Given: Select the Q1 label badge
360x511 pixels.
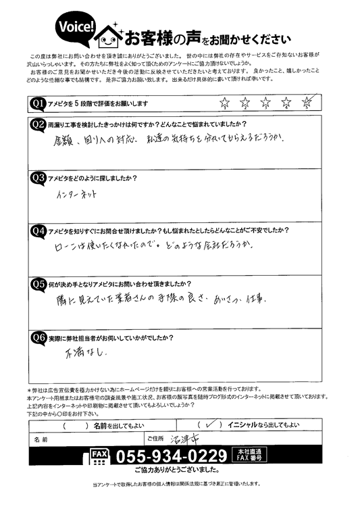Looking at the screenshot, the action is pyautogui.click(x=38, y=102).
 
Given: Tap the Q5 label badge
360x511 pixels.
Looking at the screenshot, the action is pyautogui.click(x=38, y=283).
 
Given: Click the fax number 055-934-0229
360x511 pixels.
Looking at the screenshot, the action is pyautogui.click(x=172, y=455).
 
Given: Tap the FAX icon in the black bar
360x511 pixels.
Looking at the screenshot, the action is pyautogui.click(x=98, y=455).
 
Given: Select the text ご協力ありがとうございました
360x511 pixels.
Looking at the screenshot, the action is pyautogui.click(x=179, y=468).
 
